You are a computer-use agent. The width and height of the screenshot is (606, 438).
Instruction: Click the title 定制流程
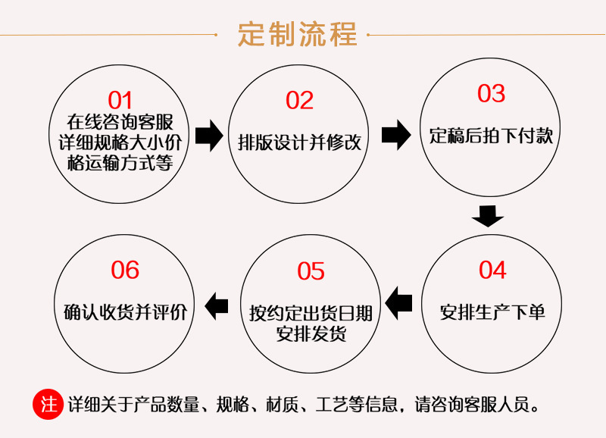[x=298, y=34]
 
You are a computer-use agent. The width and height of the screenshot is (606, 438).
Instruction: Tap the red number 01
[x=120, y=100]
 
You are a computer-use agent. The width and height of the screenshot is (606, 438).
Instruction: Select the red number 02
[x=299, y=100]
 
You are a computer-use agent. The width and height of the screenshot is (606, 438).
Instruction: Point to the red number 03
[x=491, y=93]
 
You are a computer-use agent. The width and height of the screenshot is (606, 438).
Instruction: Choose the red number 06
[x=125, y=270]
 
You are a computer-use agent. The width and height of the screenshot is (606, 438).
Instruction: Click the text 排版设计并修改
[x=299, y=142]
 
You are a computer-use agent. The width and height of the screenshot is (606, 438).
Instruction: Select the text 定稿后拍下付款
[x=491, y=136]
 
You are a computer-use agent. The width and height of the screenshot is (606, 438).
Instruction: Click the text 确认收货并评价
[x=125, y=311]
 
